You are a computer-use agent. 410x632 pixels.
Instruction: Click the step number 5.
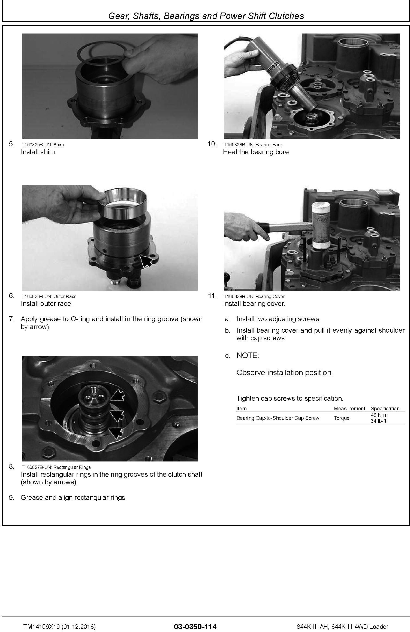pos(11,144)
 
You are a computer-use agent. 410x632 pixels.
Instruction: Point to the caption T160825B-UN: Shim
pos(43,145)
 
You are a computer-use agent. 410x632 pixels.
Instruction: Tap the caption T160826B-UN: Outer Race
pos(49,296)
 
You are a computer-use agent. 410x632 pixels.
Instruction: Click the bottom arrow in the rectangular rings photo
pos(116,433)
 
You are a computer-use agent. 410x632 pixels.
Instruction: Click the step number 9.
pos(11,498)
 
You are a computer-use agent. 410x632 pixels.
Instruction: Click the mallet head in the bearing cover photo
pos(321,225)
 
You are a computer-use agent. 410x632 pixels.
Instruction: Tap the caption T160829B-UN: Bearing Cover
pos(254,296)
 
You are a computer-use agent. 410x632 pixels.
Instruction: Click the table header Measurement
pos(349,409)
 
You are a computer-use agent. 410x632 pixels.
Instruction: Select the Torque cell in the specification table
pos(342,418)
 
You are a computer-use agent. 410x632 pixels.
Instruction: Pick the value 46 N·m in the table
pos(379,415)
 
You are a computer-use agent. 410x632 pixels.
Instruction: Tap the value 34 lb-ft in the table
pos(379,421)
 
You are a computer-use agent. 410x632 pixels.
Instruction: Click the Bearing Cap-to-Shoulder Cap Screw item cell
pos(278,418)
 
